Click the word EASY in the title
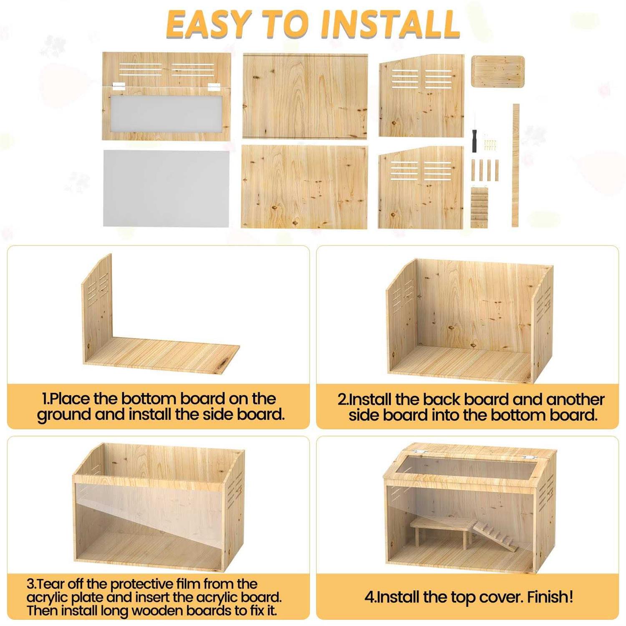tap(209, 24)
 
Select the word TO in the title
tap(287, 24)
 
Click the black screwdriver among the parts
tap(474, 138)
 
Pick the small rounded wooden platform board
tap(497, 71)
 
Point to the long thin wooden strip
tap(515, 165)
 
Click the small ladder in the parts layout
tap(480, 207)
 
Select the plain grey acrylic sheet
tap(166, 188)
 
